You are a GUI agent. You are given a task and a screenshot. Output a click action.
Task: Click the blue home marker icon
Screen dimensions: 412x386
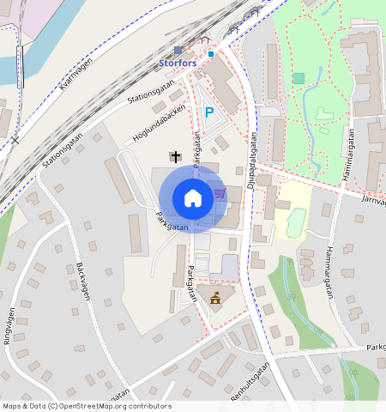(193, 198)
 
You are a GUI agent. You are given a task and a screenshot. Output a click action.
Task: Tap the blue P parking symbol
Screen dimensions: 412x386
(208, 112)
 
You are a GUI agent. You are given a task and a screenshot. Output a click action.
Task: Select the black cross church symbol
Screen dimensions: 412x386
(176, 156)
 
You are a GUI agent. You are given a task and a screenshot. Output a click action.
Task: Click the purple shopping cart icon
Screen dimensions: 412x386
(220, 193)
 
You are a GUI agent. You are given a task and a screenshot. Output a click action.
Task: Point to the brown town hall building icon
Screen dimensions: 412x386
(215, 298)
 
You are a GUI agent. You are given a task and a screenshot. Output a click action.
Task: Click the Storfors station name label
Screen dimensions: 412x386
(178, 63)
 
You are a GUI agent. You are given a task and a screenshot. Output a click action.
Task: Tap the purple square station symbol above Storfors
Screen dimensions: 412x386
(178, 51)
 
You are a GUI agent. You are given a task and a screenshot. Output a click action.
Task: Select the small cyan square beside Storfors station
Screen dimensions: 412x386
(211, 54)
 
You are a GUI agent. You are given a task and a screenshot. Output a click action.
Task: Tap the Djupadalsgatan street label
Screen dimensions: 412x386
(254, 155)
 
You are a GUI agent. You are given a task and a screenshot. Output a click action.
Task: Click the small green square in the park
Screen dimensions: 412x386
(299, 78)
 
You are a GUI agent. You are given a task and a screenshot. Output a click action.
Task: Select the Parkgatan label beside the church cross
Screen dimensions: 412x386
(196, 149)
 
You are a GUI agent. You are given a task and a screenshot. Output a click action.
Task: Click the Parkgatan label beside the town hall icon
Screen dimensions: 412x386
(190, 286)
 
